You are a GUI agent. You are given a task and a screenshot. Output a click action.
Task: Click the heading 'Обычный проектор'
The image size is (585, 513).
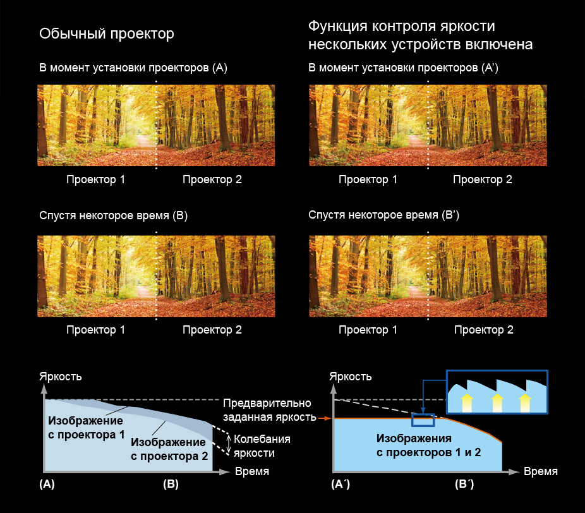coord(106,34)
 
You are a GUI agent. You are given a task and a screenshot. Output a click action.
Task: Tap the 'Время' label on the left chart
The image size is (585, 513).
coord(252,471)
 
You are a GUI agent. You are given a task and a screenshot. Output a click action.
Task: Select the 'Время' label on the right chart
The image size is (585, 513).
coord(541,471)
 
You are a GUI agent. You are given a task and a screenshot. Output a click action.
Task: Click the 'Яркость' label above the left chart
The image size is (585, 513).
coord(61,377)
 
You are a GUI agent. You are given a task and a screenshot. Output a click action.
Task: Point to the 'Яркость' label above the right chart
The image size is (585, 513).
coord(351,377)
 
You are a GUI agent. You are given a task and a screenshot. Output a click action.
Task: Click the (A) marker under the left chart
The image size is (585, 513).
coord(47,484)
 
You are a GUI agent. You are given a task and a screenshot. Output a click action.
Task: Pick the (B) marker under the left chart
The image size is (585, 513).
coord(171,484)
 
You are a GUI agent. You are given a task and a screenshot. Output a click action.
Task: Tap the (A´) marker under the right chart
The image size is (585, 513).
coord(341,484)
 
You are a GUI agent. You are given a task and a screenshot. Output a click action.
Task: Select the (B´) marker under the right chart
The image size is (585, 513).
coord(464,484)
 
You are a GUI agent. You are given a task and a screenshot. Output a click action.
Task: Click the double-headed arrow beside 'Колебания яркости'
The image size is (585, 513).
coord(229,444)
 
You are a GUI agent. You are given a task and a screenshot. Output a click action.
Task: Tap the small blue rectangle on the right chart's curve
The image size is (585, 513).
coord(423,420)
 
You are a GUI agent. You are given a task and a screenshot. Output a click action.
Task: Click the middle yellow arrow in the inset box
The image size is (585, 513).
coord(497,403)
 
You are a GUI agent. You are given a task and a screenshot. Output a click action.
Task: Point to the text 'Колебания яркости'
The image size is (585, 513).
coord(262,446)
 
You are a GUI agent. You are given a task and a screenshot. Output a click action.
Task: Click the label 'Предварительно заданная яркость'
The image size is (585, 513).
coord(269,410)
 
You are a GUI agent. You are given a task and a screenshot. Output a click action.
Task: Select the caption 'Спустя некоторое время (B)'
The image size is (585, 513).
coord(114,215)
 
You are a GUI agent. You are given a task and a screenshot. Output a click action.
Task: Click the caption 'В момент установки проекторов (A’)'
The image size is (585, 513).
coord(403,68)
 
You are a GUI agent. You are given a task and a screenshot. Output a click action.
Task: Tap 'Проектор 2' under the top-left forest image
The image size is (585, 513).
coord(212,179)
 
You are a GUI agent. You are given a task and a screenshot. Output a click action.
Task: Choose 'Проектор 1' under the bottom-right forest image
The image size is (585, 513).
coord(368,330)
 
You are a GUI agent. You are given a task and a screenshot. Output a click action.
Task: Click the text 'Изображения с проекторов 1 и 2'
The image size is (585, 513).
coord(429,445)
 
